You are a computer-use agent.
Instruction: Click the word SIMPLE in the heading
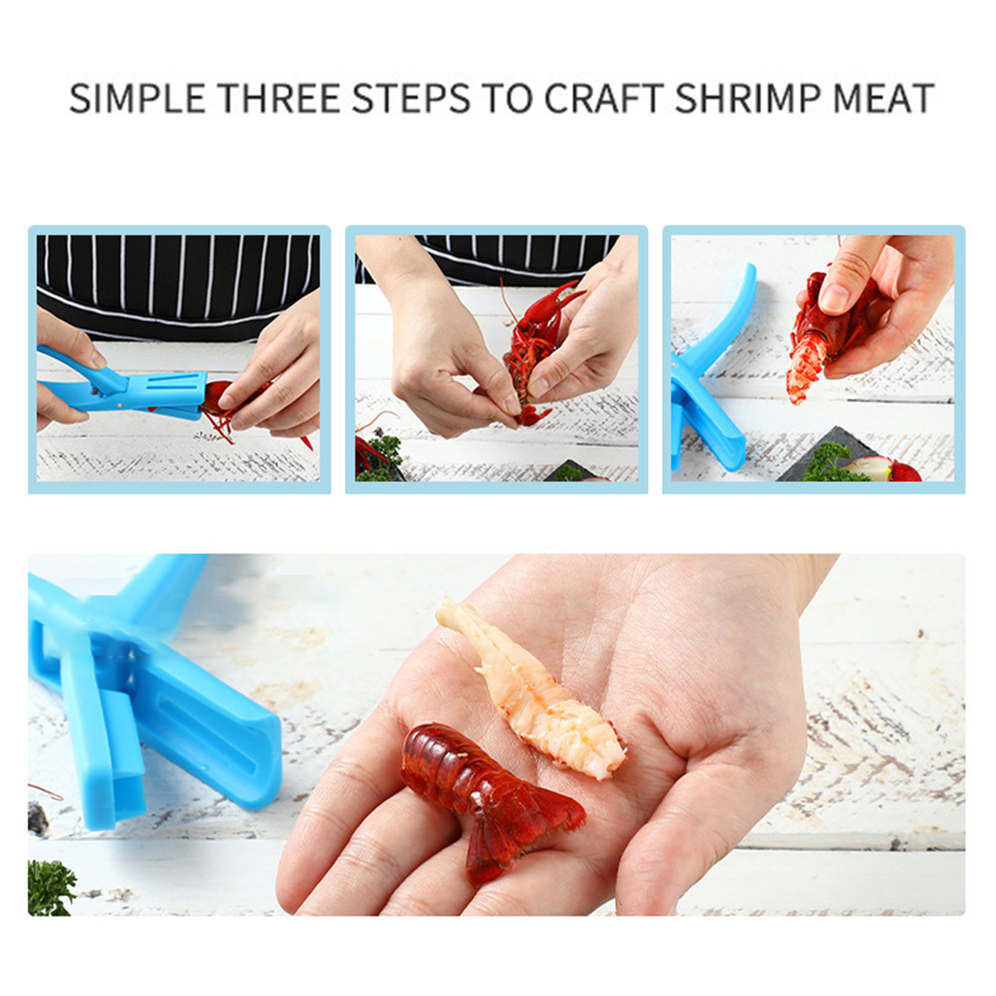coord(136,98)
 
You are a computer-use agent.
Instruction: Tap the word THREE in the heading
coord(278,98)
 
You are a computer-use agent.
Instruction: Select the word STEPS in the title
coord(410,98)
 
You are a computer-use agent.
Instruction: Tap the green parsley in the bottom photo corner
coord(50,887)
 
